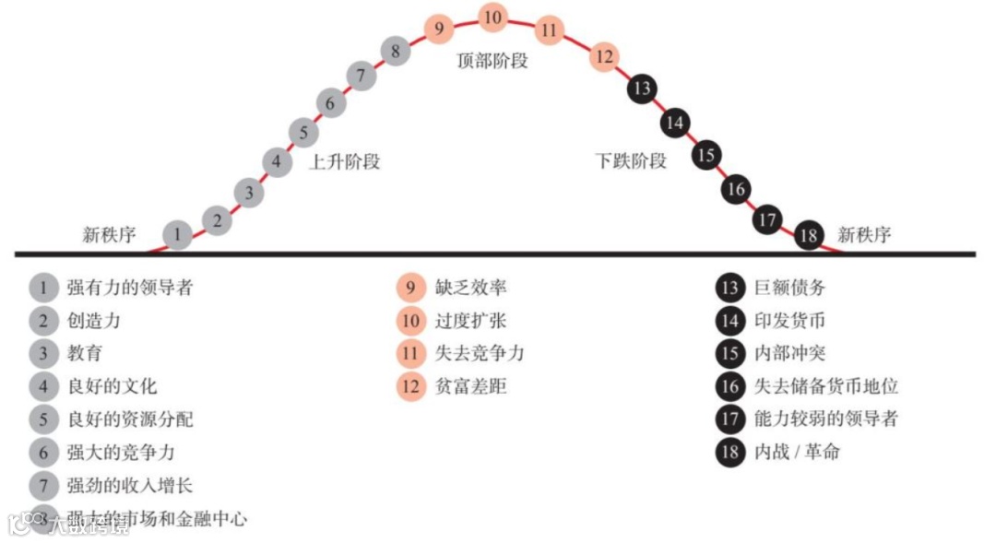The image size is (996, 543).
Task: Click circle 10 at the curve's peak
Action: [x=493, y=18]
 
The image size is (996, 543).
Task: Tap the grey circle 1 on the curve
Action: [x=177, y=235]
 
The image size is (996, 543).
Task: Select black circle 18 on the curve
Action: [x=809, y=235]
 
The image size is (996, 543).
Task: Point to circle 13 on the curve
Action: [x=642, y=89]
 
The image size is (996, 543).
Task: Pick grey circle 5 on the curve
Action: [x=302, y=133]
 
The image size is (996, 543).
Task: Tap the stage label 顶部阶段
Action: [x=492, y=62]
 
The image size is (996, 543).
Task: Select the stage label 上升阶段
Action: [x=344, y=162]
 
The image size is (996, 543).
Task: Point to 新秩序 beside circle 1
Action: [x=109, y=235]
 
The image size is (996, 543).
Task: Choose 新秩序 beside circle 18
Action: [x=864, y=235]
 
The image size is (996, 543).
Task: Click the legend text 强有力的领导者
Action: [x=130, y=287]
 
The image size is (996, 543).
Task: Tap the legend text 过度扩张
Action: [x=470, y=321]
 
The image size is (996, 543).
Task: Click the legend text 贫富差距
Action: [x=470, y=386]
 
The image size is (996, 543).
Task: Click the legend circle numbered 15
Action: [x=730, y=353]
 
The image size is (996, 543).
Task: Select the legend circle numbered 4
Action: [x=43, y=386]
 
